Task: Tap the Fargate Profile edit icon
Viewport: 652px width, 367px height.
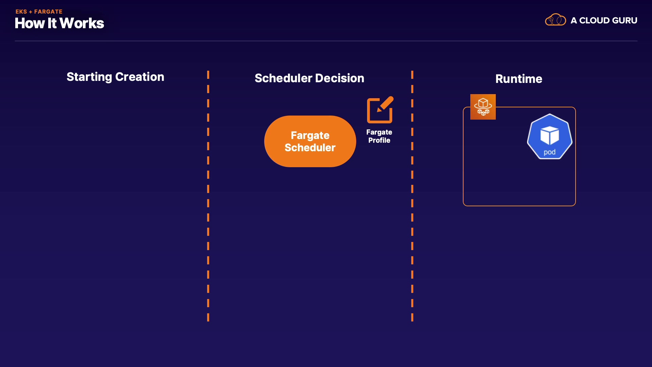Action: pos(380,110)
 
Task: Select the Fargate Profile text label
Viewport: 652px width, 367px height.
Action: pos(379,136)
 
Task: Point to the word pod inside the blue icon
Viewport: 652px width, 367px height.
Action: pos(549,152)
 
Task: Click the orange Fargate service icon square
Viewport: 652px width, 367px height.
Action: pos(483,107)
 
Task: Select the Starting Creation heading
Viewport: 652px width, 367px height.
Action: pos(115,77)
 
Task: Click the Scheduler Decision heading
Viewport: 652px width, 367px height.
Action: pos(309,78)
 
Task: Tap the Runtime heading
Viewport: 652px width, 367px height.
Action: pos(519,79)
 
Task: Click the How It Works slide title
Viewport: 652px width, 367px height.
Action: pos(59,23)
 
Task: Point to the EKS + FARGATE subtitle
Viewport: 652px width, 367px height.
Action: pos(39,12)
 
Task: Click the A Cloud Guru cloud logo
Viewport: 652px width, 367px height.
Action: pos(555,20)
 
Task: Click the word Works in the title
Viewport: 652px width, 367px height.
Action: pos(82,23)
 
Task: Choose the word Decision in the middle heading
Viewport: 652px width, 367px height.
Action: pos(339,78)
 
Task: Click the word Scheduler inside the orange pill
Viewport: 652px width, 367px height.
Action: pos(310,147)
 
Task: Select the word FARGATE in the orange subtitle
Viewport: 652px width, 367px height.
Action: pos(48,12)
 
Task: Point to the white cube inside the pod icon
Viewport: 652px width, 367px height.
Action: pos(549,135)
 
